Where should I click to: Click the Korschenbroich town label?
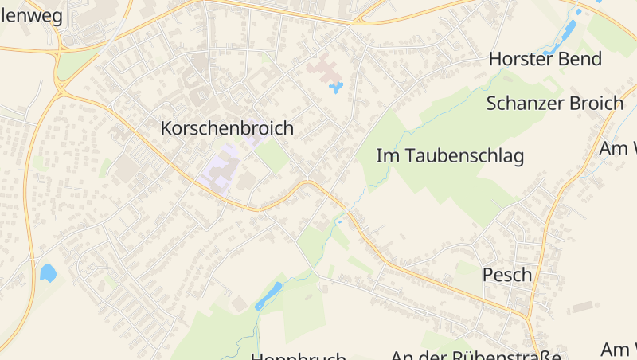[227, 127]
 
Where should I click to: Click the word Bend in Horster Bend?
[579, 59]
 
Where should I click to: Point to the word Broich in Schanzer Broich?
[596, 103]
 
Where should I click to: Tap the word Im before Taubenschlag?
[386, 156]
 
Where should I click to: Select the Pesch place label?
[507, 275]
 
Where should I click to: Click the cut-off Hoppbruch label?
[299, 356]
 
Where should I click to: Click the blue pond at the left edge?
[48, 273]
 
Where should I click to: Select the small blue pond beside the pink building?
[336, 87]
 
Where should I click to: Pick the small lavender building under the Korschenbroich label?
[255, 139]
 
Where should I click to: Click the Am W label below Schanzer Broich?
[618, 148]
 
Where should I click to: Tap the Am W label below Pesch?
[619, 349]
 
